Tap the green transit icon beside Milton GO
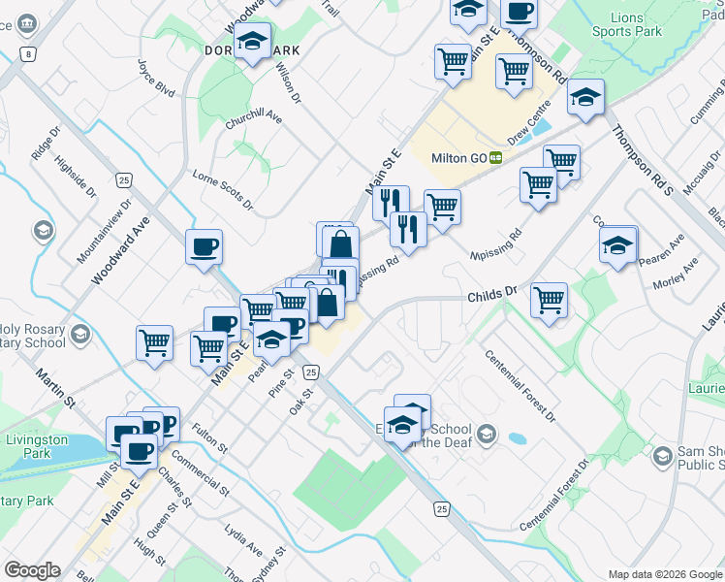tap(495, 158)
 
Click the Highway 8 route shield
tap(30, 54)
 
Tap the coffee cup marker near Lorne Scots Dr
tap(204, 246)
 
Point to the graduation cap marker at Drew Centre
tap(585, 97)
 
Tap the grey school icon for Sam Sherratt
tap(663, 455)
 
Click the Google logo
tap(32, 570)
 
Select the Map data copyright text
tap(664, 574)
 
